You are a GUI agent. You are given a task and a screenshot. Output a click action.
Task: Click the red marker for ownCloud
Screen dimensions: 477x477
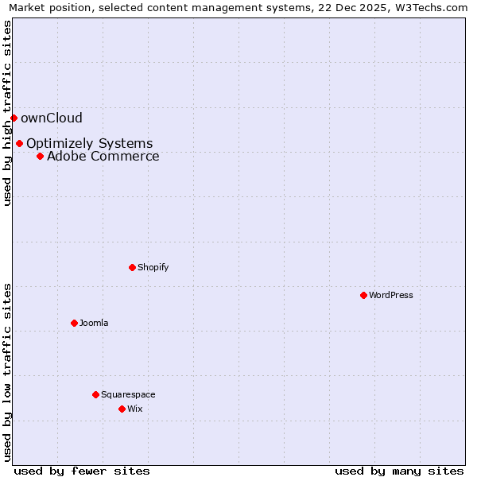coord(14,118)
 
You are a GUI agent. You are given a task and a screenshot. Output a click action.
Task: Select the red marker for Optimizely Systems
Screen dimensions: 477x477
coord(19,144)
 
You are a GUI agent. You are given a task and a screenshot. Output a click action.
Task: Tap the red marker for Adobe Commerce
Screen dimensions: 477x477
coord(40,156)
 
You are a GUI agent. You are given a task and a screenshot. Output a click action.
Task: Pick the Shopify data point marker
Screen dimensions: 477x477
coord(132,267)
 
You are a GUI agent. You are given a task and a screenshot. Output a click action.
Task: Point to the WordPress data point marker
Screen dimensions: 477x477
coord(363,295)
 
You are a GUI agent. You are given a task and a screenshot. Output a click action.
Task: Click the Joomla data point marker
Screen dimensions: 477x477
coord(74,323)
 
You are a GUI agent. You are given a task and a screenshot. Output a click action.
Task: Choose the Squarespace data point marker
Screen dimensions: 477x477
coord(95,394)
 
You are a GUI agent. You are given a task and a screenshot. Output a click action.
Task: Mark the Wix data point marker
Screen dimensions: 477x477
coord(122,409)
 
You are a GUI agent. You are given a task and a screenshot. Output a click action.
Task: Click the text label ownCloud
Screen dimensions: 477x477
coord(52,118)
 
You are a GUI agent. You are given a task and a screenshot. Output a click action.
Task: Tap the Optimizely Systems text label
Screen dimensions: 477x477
coord(89,144)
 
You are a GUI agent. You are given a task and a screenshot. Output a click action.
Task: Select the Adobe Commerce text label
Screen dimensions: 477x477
coord(103,156)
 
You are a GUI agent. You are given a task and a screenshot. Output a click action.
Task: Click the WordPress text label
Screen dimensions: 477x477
coord(391,295)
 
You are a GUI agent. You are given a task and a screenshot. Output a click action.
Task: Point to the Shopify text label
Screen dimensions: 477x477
coord(153,267)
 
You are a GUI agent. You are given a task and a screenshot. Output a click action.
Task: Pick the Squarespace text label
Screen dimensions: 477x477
coord(128,394)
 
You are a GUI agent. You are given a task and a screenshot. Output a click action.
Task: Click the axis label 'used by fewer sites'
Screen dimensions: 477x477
coord(82,471)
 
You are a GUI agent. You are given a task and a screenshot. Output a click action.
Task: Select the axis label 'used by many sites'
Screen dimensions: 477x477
coord(399,471)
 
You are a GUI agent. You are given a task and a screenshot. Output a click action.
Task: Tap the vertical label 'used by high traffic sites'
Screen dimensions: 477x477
coord(7,113)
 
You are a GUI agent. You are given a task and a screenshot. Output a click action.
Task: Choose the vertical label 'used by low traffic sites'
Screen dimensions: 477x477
coord(7,372)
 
